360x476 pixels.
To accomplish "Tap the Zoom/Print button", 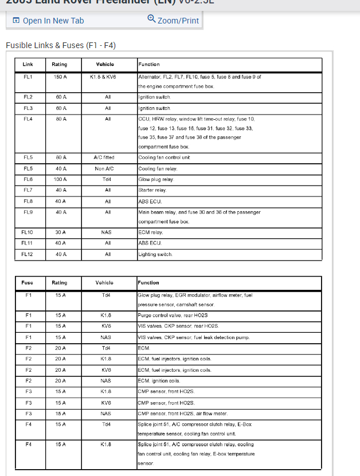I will point(173,21).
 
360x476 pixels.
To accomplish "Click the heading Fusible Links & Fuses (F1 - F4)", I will point(61,45).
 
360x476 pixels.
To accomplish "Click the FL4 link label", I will point(28,119).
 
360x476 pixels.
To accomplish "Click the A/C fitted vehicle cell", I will point(108,158).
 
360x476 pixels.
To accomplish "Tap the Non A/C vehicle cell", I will point(108,169).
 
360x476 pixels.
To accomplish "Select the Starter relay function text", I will point(152,190).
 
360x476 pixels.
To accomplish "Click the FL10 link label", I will point(28,233).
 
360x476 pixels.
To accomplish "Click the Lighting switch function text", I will point(155,254).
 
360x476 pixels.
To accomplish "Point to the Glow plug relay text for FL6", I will point(156,179).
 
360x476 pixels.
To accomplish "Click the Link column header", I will point(28,65).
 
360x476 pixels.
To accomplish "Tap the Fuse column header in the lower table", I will point(28,283).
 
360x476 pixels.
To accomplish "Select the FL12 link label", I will point(28,254).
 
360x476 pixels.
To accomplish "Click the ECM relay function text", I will point(151,233).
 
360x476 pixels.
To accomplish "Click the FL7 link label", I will point(28,190).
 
